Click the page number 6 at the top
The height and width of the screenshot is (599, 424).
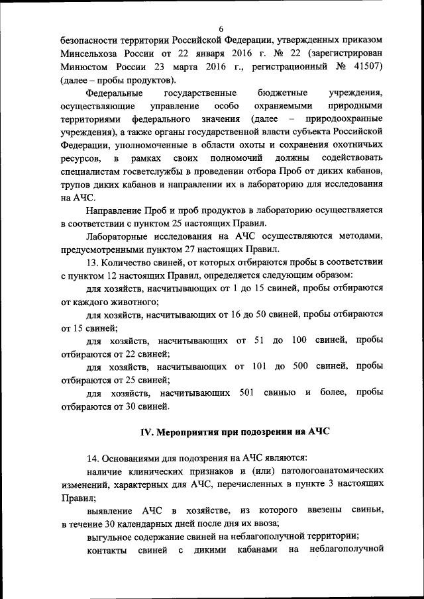(221, 28)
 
